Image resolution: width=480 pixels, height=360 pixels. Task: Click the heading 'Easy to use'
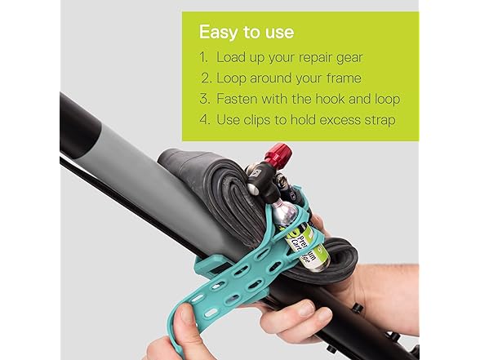(247, 32)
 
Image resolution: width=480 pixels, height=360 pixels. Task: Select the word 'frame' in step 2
(344, 78)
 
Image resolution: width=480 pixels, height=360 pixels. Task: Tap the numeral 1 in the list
(203, 57)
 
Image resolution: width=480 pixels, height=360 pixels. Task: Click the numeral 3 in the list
(204, 99)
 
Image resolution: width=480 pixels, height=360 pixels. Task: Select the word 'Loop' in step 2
(231, 78)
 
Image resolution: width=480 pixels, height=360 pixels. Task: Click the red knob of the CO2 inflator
(278, 155)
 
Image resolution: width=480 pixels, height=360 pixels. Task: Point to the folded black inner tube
(220, 189)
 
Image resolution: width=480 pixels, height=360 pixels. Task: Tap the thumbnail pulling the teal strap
(186, 314)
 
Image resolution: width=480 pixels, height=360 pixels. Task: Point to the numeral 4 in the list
(204, 120)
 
